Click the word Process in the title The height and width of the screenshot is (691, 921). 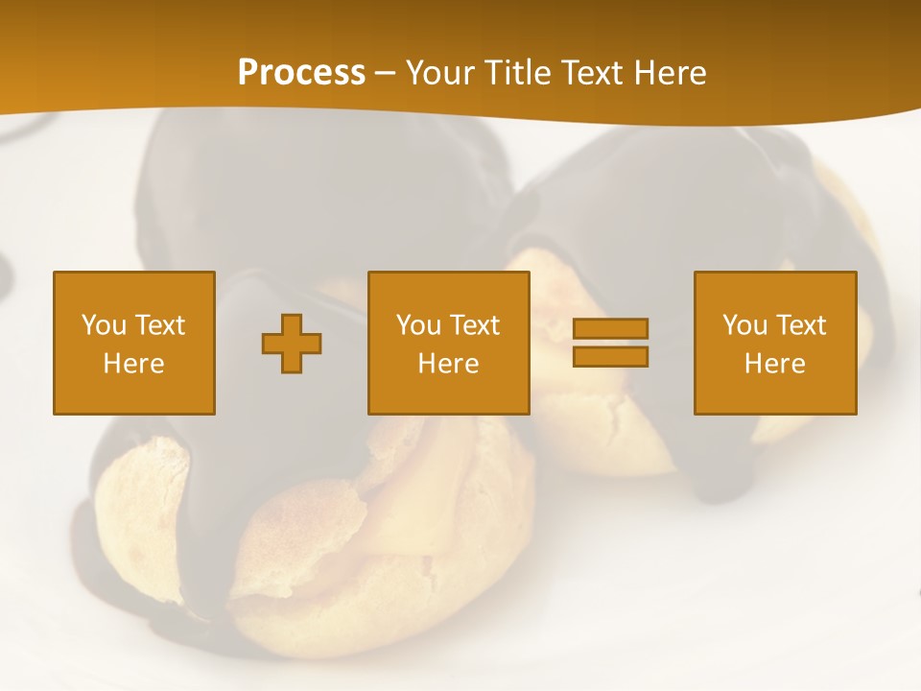coord(301,73)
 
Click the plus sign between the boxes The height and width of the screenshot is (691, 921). coord(292,344)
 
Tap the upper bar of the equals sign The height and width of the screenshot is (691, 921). coord(610,329)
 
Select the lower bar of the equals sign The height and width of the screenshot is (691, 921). coord(610,357)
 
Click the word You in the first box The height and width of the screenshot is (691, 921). coord(104,325)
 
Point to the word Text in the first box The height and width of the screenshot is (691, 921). coord(159,325)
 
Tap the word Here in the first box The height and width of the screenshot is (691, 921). coord(134,364)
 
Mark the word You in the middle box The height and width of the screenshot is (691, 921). coord(418,325)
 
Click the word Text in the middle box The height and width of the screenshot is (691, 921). coord(474,325)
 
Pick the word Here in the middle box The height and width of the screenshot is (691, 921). coord(449,364)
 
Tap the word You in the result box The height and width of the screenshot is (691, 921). coord(744,325)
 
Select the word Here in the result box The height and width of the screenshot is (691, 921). coord(775,364)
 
